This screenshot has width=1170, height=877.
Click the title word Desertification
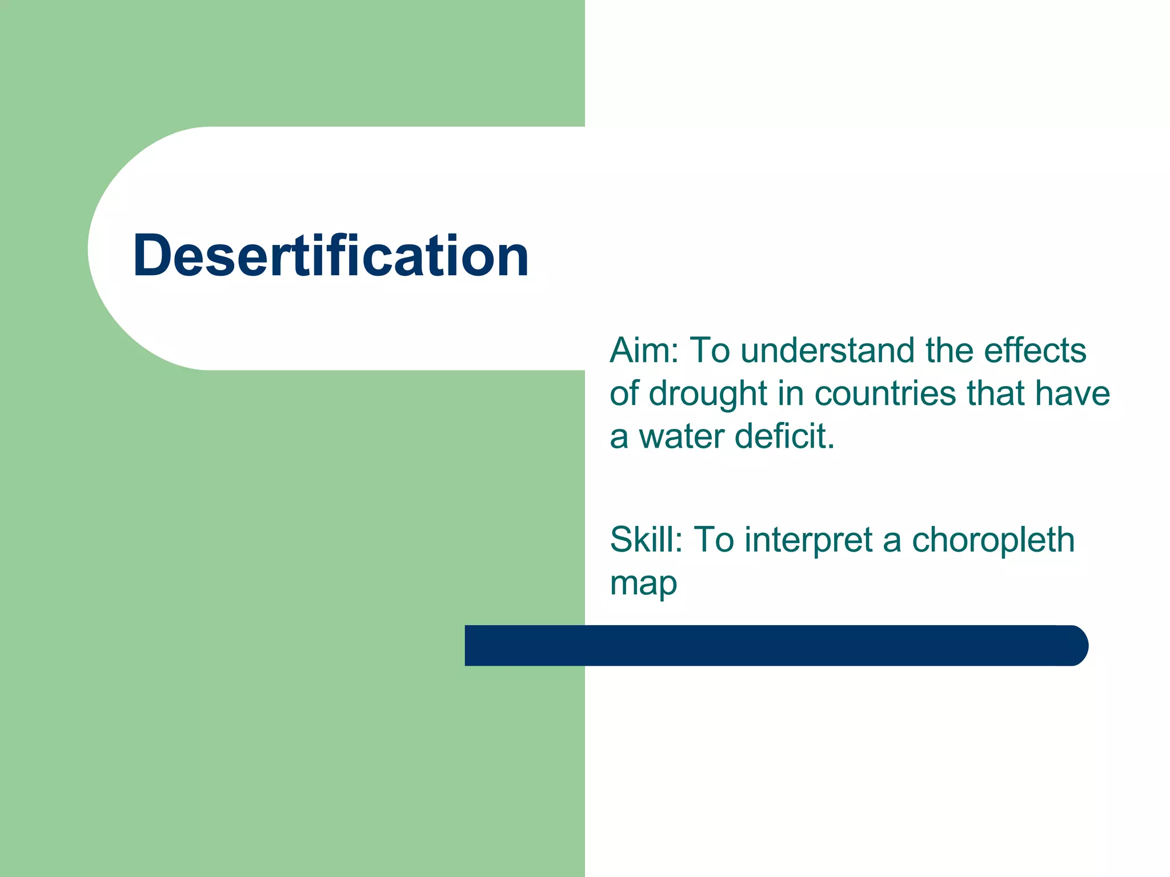point(330,256)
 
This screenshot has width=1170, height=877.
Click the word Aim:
point(644,350)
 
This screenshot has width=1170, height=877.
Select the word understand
point(827,350)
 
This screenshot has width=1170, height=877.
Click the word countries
point(885,394)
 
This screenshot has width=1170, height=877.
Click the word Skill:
point(646,540)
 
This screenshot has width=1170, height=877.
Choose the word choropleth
point(993,541)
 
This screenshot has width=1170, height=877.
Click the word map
point(643,584)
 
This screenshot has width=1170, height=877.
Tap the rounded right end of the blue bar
point(1074,645)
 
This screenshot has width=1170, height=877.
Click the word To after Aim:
point(710,350)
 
